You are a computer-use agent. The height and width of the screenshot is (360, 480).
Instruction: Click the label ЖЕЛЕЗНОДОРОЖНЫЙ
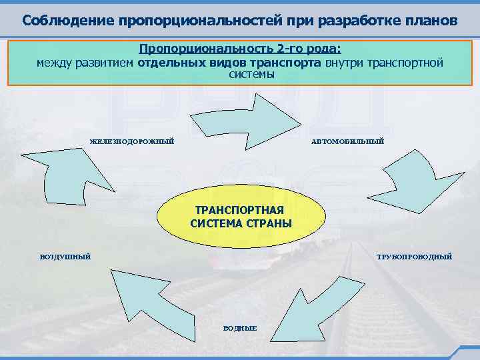pyautogui.click(x=131, y=141)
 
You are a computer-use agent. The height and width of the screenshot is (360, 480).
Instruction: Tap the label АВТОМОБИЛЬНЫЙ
pyautogui.click(x=347, y=141)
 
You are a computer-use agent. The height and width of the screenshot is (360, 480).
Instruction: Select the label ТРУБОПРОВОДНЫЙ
pyautogui.click(x=414, y=256)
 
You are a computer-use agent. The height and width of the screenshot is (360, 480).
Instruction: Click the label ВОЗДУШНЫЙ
pyautogui.click(x=65, y=256)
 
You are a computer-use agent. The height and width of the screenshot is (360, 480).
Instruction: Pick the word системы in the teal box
pyautogui.click(x=251, y=74)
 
